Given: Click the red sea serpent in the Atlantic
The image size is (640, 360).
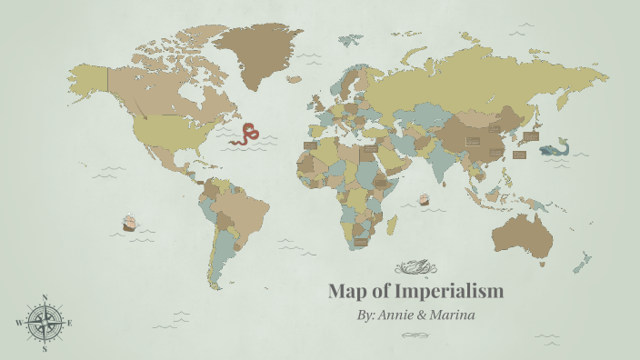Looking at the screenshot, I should [245, 135].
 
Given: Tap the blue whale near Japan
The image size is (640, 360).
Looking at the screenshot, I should [554, 149].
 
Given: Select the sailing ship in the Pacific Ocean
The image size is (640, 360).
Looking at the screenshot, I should [129, 222].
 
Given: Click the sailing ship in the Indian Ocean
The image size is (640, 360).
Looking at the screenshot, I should [424, 198].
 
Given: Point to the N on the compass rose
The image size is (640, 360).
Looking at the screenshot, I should [45, 296].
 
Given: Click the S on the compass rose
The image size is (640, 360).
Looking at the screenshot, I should [45, 348].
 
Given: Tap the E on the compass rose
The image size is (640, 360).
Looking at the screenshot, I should [70, 323].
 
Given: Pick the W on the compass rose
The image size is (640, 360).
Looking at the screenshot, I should [18, 323].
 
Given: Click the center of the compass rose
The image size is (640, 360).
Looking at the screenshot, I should [45, 323].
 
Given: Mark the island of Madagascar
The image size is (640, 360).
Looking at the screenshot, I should [392, 223].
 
